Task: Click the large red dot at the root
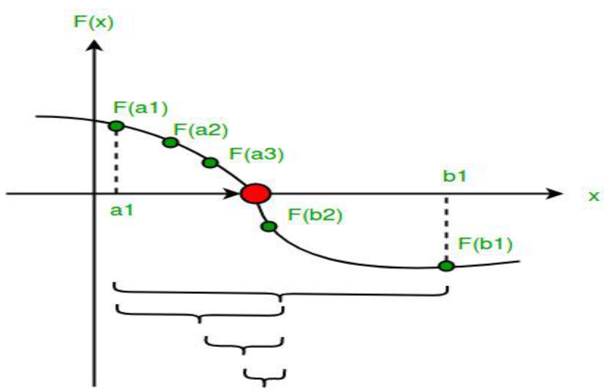tap(256, 193)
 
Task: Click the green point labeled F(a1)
tap(116, 127)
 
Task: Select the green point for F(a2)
tap(171, 142)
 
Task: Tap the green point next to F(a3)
tap(210, 163)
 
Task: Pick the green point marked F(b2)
tap(269, 226)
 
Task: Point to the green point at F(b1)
tap(446, 266)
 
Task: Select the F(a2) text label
tap(200, 130)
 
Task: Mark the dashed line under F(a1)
tap(116, 162)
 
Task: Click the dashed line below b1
tap(446, 229)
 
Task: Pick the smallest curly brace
tap(264, 375)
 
